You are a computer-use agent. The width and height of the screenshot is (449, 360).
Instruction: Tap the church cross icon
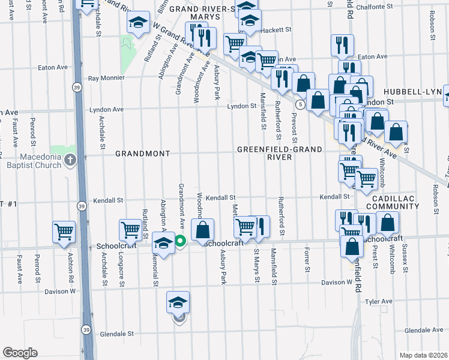[70, 160]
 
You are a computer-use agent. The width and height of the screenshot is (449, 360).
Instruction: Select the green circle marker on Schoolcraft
[180, 242]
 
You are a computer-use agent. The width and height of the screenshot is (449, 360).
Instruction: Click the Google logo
[20, 352]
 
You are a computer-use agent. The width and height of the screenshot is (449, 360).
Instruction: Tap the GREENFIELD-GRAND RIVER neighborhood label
[280, 153]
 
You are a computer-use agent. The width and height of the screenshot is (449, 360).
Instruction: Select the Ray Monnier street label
[106, 78]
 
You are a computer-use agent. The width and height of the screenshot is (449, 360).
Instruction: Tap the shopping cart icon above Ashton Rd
[64, 231]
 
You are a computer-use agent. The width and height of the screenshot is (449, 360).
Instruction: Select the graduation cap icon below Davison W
[178, 302]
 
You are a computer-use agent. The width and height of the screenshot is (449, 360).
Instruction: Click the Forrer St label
[307, 259]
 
